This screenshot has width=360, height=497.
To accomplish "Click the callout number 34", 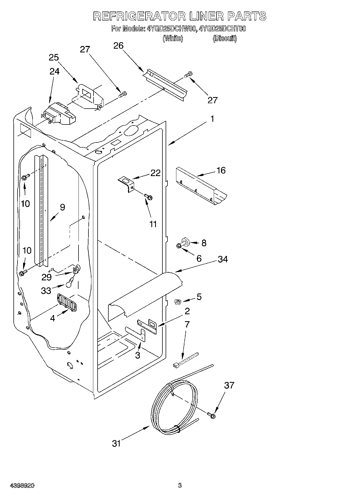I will [x=223, y=259].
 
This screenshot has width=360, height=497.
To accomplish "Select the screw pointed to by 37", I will [x=211, y=415].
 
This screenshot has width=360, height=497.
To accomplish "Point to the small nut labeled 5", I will [x=177, y=302].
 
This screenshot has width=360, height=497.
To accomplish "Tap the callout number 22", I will [x=155, y=173].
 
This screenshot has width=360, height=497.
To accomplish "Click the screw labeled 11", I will [x=148, y=197].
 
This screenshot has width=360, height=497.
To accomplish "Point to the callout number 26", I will [x=118, y=46].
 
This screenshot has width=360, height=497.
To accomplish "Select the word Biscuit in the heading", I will [x=224, y=38].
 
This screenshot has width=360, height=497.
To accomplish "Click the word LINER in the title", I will [x=206, y=16].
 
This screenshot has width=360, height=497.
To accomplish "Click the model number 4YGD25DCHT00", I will [x=222, y=29].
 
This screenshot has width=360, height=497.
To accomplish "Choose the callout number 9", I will [x=62, y=207].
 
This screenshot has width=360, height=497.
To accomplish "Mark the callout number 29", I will [x=46, y=277].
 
